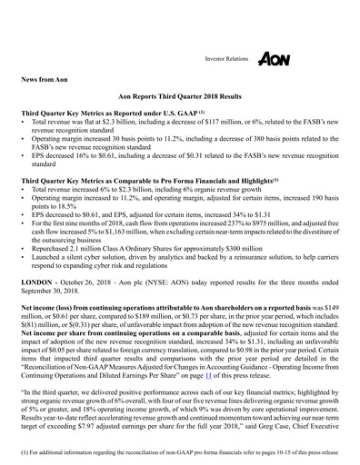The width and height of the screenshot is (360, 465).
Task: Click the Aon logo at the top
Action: pos(273,58)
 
